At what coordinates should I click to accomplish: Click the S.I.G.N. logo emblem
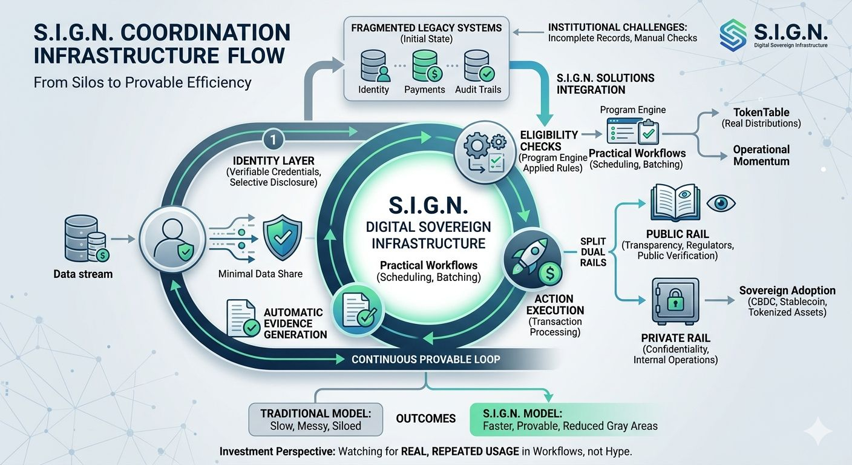[x=733, y=35]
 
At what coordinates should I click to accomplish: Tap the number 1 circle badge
[x=274, y=139]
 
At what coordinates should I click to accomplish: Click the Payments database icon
[x=424, y=66]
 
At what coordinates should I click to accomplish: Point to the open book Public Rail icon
[x=671, y=205]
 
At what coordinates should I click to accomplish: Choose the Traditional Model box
[x=315, y=420]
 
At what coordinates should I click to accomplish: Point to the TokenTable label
[x=761, y=113]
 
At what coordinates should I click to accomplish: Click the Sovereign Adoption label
[x=787, y=291]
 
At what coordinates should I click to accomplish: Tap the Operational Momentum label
[x=761, y=155]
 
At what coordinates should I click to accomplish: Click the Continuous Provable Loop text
[x=426, y=360]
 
